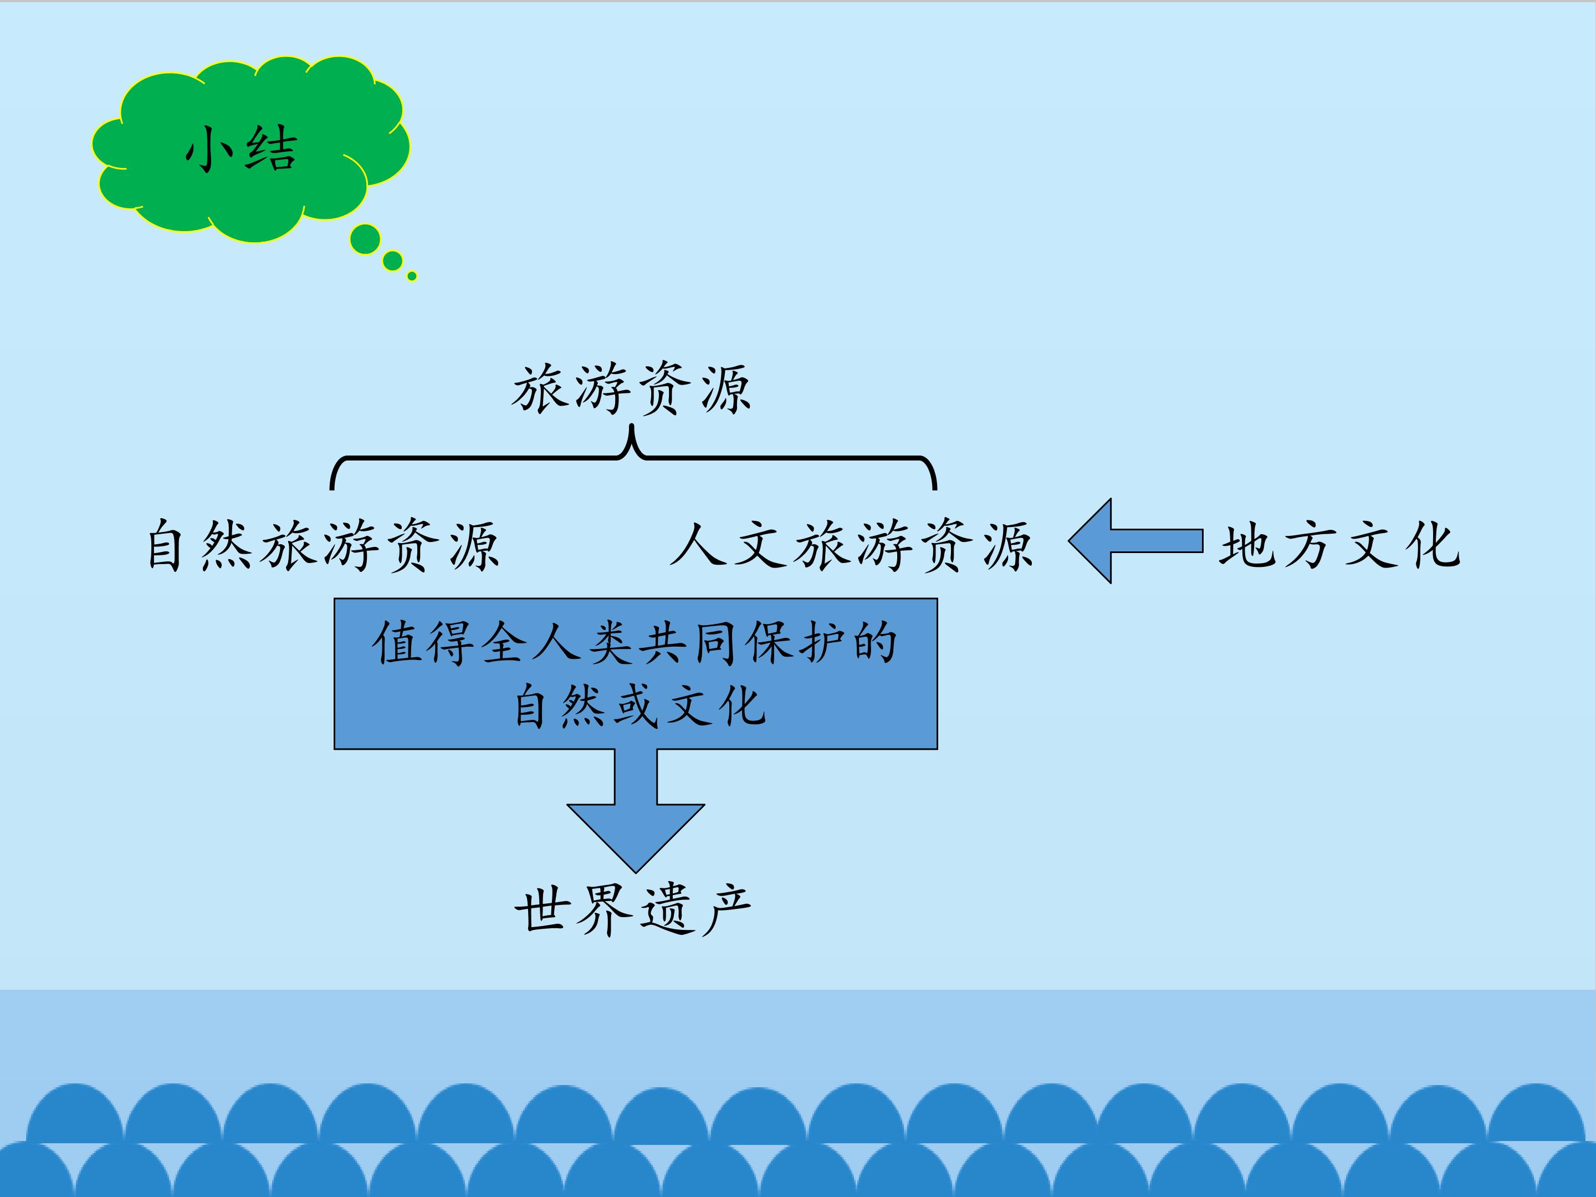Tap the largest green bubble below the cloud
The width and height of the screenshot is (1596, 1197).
point(365,239)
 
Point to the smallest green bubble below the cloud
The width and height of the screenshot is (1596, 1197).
point(412,275)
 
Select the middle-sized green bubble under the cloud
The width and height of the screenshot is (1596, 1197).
point(392,260)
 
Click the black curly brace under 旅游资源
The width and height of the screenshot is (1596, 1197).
point(633,457)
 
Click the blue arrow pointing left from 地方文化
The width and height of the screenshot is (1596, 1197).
point(1135,540)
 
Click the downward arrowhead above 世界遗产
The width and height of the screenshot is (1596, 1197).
point(636,838)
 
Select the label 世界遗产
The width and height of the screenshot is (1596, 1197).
point(633,910)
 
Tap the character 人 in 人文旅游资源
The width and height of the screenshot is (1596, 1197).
point(698,545)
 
